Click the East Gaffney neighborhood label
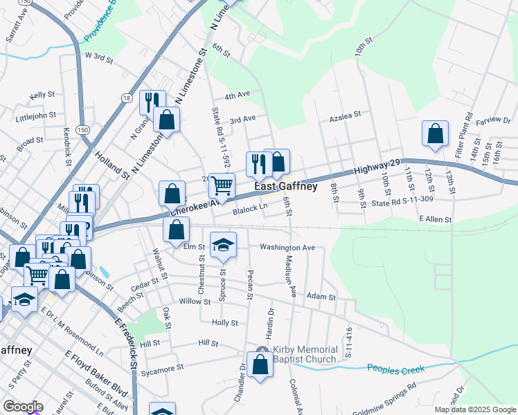click(x=286, y=187)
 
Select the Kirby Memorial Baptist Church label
click(x=305, y=354)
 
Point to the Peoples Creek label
click(x=395, y=370)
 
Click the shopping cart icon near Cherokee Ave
click(x=222, y=185)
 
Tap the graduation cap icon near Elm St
click(x=223, y=245)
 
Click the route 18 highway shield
click(x=125, y=98)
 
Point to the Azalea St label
click(x=345, y=116)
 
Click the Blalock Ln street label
click(x=250, y=207)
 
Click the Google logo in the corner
click(x=23, y=407)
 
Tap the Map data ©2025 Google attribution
click(x=475, y=409)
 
